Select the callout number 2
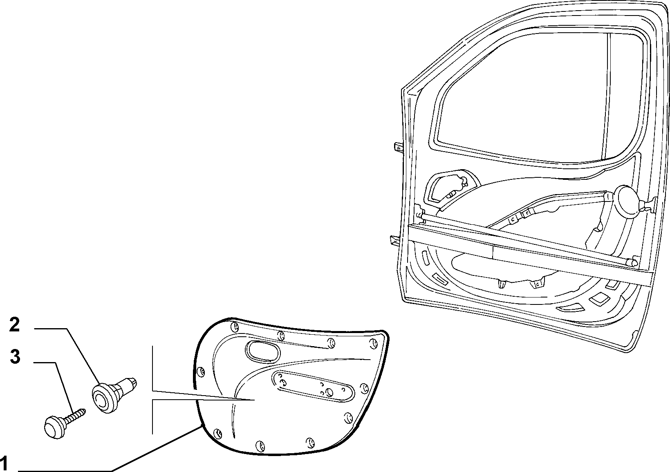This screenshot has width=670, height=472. [14, 324]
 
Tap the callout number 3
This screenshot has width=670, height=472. [15, 357]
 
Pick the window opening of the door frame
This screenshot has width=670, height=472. [538, 98]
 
